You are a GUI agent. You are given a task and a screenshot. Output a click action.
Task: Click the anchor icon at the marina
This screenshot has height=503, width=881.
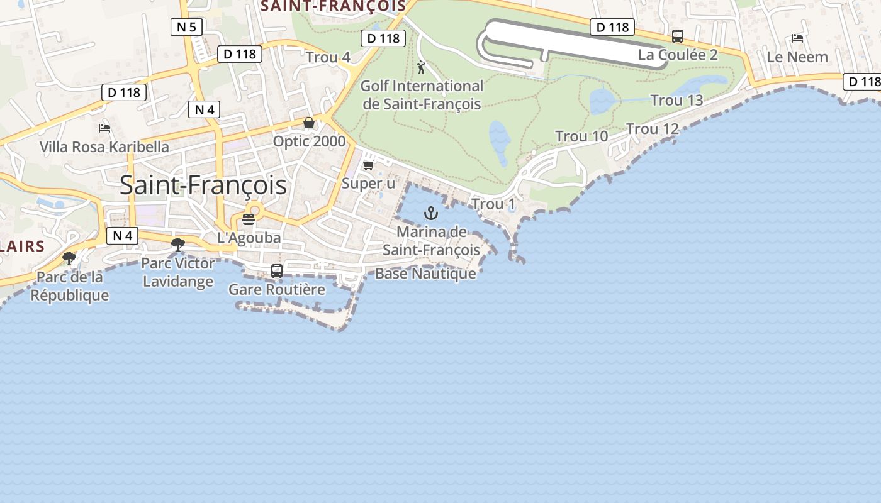431,213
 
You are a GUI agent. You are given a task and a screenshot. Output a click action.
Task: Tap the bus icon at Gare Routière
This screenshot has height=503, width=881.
277,271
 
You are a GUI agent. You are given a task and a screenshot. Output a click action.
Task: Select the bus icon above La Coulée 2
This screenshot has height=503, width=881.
678,36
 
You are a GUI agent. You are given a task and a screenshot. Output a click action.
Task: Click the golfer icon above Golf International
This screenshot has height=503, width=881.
422,67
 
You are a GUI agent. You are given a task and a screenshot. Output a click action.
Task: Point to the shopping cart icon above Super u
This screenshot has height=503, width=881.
369,165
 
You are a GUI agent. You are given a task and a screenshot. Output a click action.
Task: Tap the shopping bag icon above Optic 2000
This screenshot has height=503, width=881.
308,123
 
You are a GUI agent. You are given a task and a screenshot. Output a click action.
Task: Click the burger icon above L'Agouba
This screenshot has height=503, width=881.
249,219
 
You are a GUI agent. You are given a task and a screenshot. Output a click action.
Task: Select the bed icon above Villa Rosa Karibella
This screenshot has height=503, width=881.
104,128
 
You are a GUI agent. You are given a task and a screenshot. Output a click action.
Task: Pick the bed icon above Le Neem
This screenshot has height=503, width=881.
797,38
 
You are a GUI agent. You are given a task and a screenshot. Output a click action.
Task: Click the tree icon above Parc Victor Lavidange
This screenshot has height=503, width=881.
178,244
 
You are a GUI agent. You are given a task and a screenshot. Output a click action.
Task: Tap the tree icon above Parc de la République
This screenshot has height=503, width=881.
69,258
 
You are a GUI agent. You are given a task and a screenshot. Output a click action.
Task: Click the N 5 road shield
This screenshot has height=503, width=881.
185,26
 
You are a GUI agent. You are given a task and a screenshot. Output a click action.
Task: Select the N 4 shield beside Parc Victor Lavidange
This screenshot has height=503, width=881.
122,236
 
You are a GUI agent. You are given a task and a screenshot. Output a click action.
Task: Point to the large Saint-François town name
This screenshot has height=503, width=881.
203,185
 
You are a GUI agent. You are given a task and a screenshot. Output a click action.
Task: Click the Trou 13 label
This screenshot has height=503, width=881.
676,101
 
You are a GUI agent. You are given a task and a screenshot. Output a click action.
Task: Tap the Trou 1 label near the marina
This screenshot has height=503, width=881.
493,204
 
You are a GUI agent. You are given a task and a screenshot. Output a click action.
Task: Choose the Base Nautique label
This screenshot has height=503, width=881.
425,274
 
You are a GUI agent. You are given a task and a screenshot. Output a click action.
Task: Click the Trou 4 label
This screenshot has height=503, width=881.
328,58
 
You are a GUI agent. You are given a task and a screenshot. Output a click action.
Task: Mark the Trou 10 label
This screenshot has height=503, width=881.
581,136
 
